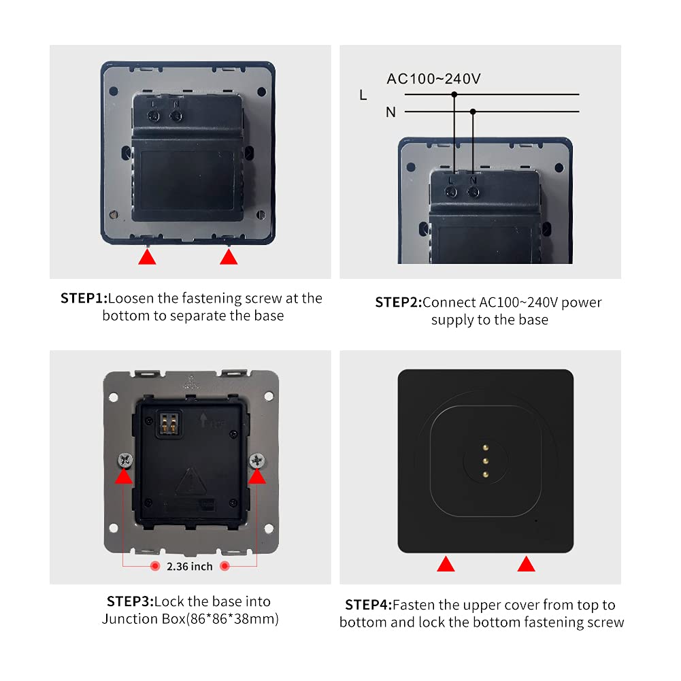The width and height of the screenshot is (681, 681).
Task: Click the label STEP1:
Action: (x=84, y=299)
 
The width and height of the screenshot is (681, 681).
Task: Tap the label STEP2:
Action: (x=398, y=302)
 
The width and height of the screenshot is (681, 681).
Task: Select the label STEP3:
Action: (x=131, y=601)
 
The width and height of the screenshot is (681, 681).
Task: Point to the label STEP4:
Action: (x=368, y=605)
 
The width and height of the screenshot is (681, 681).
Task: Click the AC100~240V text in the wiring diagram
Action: (x=433, y=79)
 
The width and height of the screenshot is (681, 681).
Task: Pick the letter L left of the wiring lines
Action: (x=363, y=95)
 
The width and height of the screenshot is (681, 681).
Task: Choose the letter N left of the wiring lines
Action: (x=391, y=112)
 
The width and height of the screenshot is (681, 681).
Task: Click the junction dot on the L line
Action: (x=454, y=95)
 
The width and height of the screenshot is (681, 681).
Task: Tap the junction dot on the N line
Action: (x=473, y=112)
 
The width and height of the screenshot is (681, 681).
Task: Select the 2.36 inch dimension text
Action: (x=189, y=566)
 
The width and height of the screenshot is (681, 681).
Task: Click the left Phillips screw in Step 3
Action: (x=125, y=460)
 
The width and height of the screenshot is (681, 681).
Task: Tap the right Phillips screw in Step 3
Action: (x=256, y=460)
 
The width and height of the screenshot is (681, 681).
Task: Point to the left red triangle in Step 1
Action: (x=147, y=257)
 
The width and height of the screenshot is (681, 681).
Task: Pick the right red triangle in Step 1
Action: (x=229, y=257)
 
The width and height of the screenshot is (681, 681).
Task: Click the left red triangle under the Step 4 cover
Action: (x=446, y=565)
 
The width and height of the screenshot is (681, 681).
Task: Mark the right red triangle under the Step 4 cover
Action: (x=527, y=565)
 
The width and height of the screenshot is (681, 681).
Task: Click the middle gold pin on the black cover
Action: (x=486, y=461)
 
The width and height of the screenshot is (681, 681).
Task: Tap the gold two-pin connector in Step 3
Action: (x=169, y=424)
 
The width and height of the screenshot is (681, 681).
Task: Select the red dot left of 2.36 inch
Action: (x=155, y=566)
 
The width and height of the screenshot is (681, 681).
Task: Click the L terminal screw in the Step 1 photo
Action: (x=153, y=116)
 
